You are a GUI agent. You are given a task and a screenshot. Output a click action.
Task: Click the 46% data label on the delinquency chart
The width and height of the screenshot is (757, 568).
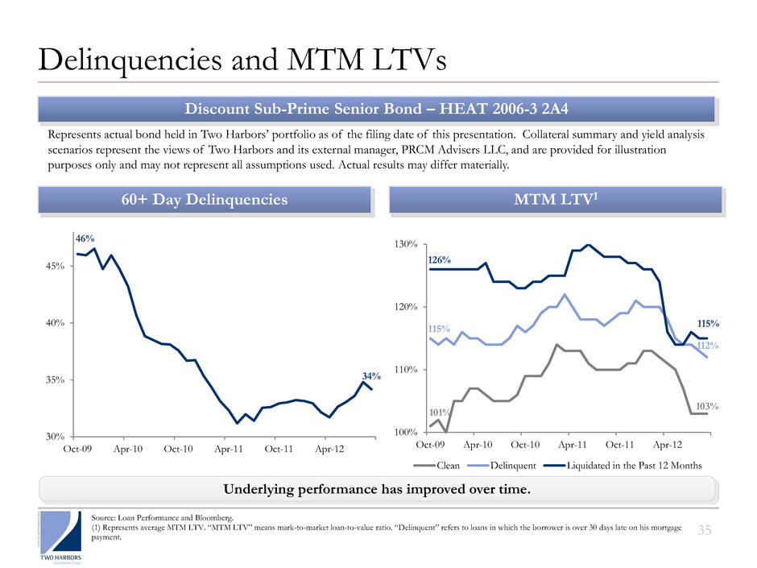click(x=85, y=239)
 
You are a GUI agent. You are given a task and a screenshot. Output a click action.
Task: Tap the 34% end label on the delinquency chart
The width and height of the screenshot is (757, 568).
click(x=370, y=375)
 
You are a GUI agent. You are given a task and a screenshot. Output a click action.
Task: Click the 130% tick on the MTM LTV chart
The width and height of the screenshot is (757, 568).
click(x=404, y=244)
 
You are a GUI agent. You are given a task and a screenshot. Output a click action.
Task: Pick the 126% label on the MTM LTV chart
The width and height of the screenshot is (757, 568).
click(x=440, y=260)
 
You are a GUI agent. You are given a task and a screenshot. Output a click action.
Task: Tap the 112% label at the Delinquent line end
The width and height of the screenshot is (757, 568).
click(x=707, y=346)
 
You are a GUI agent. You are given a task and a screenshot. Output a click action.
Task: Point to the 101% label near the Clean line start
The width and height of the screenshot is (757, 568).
click(x=439, y=413)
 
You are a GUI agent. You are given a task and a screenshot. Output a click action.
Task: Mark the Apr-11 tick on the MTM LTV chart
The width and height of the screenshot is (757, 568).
click(x=571, y=444)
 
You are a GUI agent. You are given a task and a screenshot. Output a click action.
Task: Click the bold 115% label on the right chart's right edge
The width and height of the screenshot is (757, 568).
click(x=706, y=324)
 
